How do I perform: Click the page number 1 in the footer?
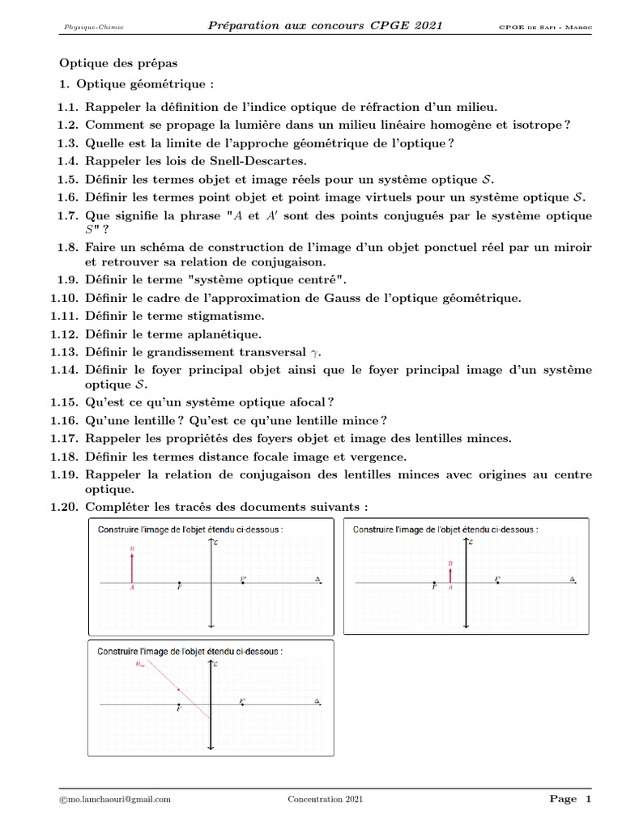(x=588, y=799)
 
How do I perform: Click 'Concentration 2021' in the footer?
(x=326, y=799)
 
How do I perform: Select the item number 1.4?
(x=68, y=159)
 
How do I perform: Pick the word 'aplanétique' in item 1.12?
(x=230, y=334)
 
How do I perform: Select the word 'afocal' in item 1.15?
(x=306, y=402)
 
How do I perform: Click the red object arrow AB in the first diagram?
(x=131, y=566)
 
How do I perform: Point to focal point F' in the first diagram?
(x=243, y=580)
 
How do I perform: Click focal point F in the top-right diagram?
(x=435, y=583)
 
